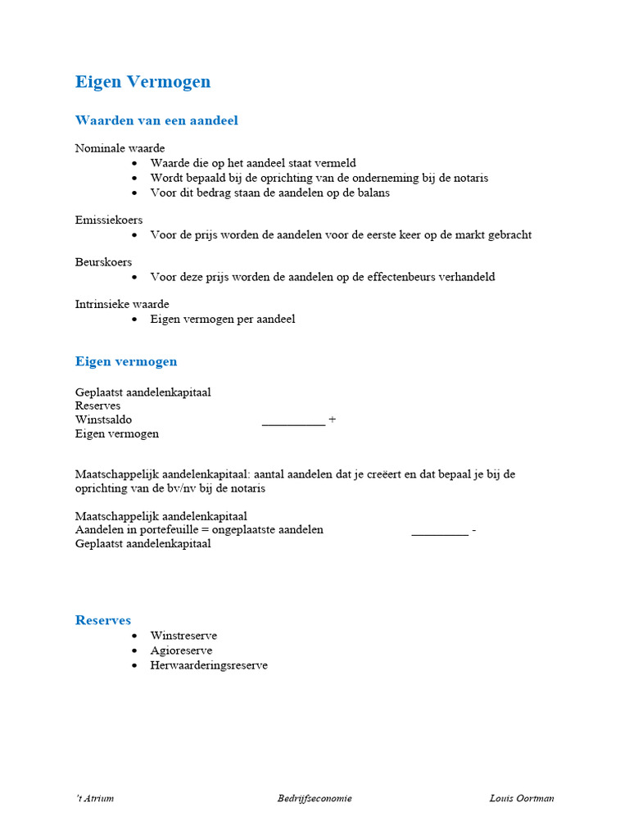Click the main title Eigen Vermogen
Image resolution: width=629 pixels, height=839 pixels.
143,82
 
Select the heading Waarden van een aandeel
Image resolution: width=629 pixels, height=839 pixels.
156,120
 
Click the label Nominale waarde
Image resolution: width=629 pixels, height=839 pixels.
120,148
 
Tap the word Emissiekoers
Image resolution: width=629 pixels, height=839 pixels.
109,220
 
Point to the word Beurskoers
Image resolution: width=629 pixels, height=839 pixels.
103,262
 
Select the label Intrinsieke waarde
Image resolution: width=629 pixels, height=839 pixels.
122,304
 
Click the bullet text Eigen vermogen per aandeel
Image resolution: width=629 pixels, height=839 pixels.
222,319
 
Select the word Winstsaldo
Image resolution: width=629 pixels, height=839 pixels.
103,419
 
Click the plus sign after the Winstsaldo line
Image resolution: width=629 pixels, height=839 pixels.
332,419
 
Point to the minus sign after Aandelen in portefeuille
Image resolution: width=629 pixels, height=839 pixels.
474,529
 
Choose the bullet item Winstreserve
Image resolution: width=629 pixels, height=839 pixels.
183,635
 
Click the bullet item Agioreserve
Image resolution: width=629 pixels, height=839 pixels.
181,651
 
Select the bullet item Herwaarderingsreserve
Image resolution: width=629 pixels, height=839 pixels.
208,665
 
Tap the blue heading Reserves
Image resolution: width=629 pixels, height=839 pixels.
103,620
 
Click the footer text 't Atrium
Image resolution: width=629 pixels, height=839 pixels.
94,798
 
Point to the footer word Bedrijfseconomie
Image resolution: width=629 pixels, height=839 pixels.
314,798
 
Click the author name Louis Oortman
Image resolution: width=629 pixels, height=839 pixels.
522,798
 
